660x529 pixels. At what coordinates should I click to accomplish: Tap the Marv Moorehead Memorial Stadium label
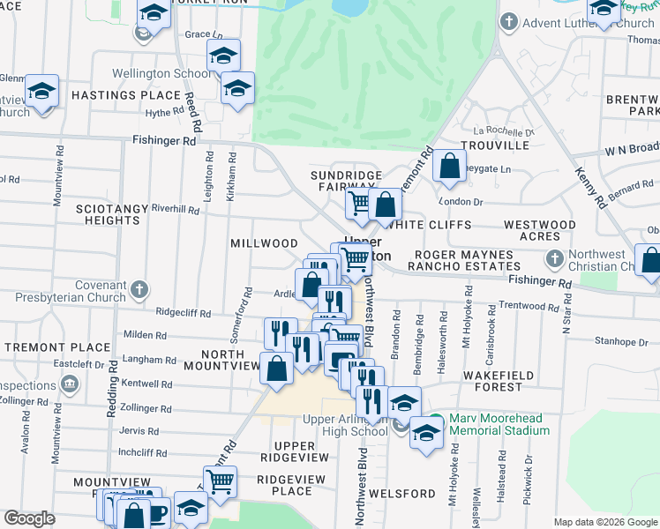point(499,425)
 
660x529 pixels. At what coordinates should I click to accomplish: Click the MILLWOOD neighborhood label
point(264,243)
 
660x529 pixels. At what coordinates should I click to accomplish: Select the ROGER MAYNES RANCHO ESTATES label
point(463,261)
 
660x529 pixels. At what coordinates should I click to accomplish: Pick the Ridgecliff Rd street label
point(184,313)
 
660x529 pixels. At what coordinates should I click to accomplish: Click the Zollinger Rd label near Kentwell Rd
point(144,409)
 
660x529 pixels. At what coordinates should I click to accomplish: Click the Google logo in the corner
point(29,518)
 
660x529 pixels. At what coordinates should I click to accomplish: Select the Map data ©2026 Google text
point(604,522)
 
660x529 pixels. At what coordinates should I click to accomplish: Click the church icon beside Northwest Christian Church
point(554,259)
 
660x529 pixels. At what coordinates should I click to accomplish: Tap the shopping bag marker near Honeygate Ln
point(449,167)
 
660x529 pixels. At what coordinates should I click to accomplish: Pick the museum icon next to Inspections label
point(69,385)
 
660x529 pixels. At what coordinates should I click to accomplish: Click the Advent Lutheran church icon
point(509,21)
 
